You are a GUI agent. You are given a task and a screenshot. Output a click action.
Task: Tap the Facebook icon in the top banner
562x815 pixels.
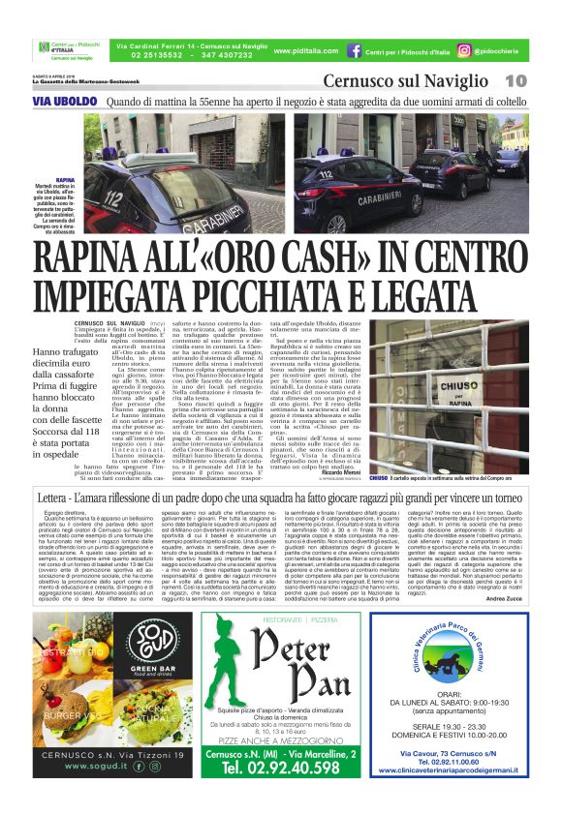(x=355, y=49)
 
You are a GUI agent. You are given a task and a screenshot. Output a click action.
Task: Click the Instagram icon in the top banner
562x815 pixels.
(x=464, y=49)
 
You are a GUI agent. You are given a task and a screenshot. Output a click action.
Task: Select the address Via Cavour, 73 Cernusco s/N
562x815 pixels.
(x=463, y=752)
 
